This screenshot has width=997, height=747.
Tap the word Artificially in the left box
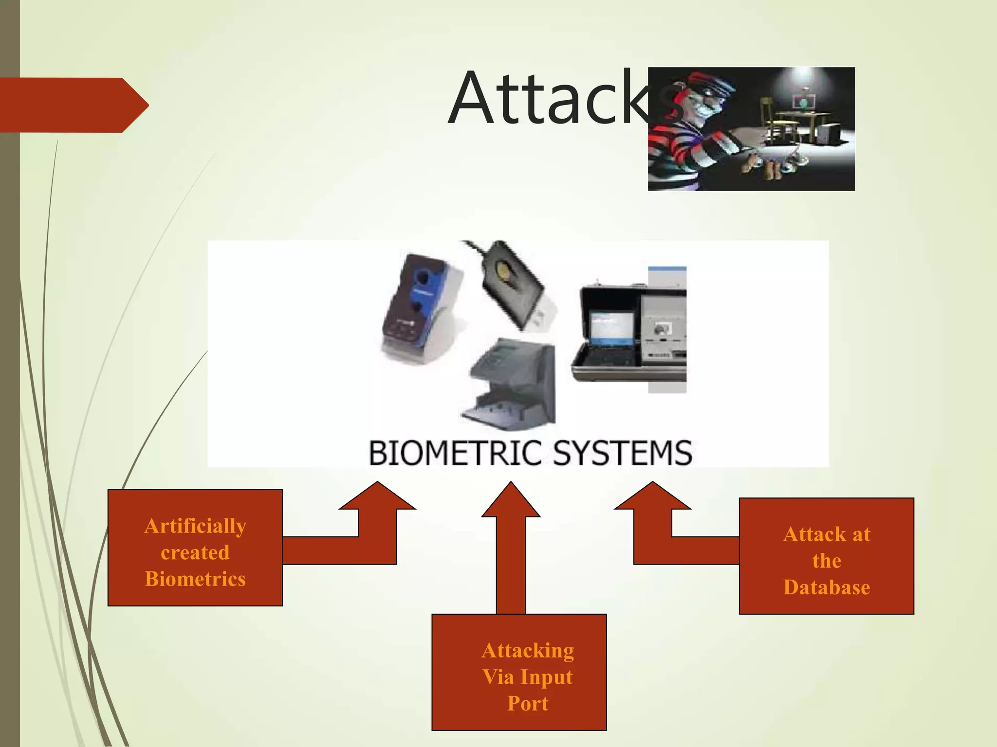pos(195,527)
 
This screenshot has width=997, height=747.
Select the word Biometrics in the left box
pos(195,579)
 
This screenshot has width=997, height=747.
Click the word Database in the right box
pos(826,587)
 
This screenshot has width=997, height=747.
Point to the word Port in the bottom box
pos(528,704)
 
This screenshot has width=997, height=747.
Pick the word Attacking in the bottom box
pos(528,651)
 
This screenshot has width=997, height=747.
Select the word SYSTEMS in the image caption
pos(623,453)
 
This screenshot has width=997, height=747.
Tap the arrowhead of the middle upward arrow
pos(511,501)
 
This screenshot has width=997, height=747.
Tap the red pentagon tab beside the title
pos(73,105)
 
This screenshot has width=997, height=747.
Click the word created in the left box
pos(195,553)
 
